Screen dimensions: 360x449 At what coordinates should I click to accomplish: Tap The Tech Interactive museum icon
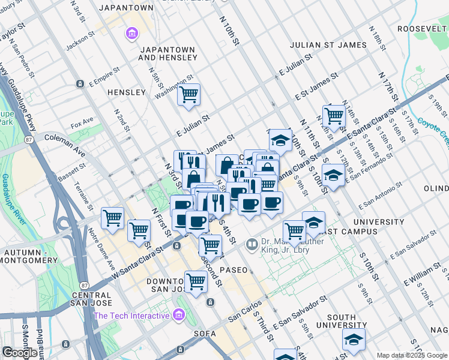coord(178,315)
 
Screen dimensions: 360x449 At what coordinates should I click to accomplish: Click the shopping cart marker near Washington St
coord(188,94)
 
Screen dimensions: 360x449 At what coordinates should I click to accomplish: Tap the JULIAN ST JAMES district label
coord(328,45)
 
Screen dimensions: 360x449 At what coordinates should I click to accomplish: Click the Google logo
coord(20,353)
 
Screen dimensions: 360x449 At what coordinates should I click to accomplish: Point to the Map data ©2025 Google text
coord(411,355)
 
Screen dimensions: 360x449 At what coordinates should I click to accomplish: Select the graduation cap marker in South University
coord(354,339)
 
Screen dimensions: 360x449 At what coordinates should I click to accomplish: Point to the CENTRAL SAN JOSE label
coord(91,300)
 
